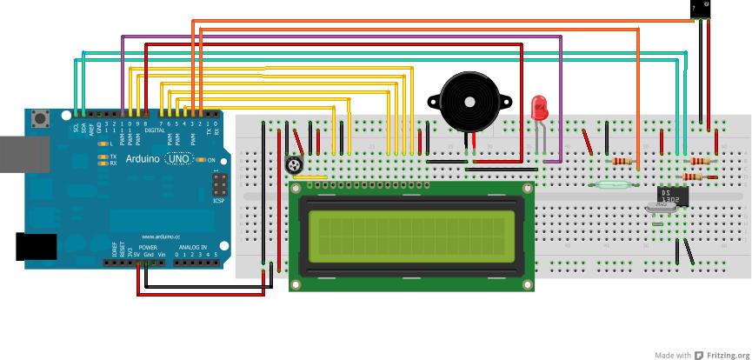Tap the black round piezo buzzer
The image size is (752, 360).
[x=470, y=102]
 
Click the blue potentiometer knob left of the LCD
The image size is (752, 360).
[x=296, y=163]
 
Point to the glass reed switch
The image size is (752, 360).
[x=615, y=183]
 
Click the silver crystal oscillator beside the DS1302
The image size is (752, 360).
[x=661, y=207]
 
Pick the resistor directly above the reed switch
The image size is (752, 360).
[x=621, y=161]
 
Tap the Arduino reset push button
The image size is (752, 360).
[x=40, y=118]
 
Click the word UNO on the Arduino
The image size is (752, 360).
[x=178, y=159]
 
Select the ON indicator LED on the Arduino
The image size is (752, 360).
[x=201, y=160]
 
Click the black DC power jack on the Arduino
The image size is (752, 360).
[x=35, y=247]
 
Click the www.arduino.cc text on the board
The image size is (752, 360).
[x=160, y=236]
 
